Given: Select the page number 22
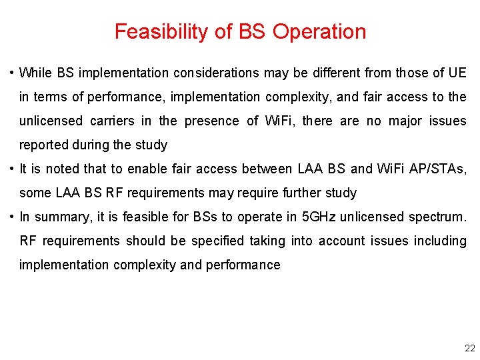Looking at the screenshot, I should pyautogui.click(x=469, y=348).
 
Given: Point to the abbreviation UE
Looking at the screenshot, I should pyautogui.click(x=458, y=73).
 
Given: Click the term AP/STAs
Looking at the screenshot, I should pyautogui.click(x=436, y=169).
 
